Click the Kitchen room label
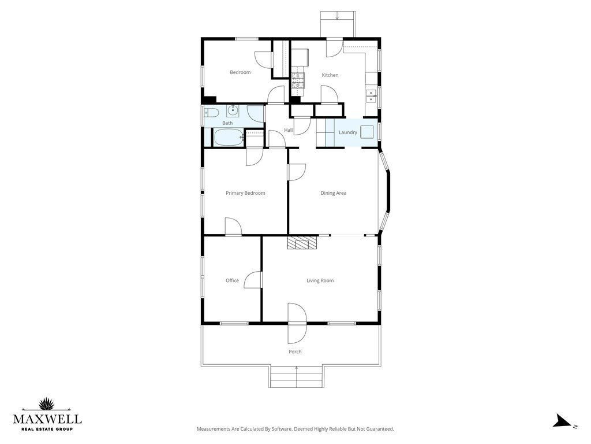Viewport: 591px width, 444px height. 330,75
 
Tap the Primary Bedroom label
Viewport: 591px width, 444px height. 245,193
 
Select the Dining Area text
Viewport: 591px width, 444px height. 333,193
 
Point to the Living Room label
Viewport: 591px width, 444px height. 320,280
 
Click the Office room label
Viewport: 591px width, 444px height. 232,280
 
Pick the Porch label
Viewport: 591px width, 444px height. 295,351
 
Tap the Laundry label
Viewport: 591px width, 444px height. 348,132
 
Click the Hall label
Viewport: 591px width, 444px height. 289,130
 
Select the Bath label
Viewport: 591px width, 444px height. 227,123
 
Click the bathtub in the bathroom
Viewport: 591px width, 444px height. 229,138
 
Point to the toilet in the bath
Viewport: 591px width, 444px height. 211,113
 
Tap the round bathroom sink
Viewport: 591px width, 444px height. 233,110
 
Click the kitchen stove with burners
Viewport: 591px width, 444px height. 297,80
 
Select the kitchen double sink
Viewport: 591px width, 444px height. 371,97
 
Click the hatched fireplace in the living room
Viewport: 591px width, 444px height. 302,243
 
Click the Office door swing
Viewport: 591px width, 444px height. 253,280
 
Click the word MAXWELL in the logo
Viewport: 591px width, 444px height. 47,419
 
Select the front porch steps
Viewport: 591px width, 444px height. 297,376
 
